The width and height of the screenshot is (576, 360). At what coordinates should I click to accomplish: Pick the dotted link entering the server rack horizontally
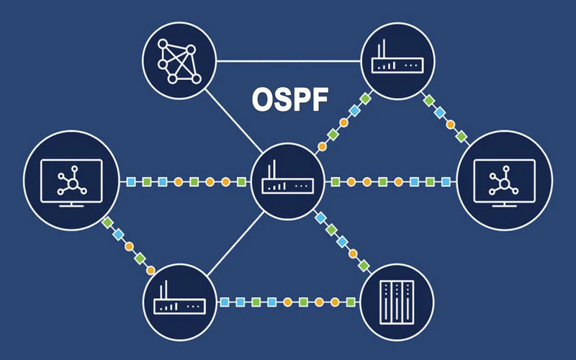288,300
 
